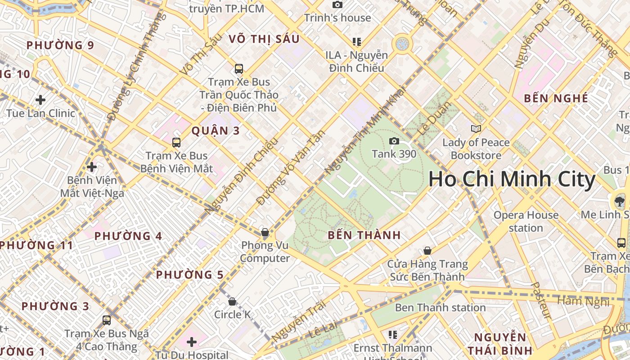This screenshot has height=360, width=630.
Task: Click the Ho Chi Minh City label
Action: [512, 179]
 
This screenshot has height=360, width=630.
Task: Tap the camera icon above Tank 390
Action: [394, 141]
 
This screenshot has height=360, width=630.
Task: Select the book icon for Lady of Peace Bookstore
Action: [476, 129]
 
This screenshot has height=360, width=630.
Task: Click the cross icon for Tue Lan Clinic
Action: [40, 99]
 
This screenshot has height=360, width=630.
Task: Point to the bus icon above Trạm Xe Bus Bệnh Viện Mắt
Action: [176, 143]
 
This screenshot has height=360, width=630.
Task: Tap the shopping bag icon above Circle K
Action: [232, 301]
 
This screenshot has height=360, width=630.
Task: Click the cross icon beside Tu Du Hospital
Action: [192, 342]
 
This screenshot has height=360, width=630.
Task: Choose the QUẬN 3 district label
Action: [216, 131]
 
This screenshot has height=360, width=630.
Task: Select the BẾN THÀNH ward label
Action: [364, 235]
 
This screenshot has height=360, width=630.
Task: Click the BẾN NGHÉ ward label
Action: [556, 98]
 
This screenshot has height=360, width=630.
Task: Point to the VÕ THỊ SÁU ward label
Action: [264, 39]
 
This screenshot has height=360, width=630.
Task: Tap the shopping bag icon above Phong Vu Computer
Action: [265, 233]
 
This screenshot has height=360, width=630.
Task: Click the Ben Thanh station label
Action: [440, 308]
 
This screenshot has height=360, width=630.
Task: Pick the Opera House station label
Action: [526, 221]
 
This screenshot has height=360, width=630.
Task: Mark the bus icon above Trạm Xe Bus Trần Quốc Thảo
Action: [239, 69]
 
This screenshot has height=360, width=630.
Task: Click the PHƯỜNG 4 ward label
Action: [128, 236]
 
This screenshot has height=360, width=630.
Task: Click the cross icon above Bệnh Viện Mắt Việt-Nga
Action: [92, 167]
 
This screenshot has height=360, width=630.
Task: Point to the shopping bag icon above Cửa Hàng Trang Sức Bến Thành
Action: [427, 251]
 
